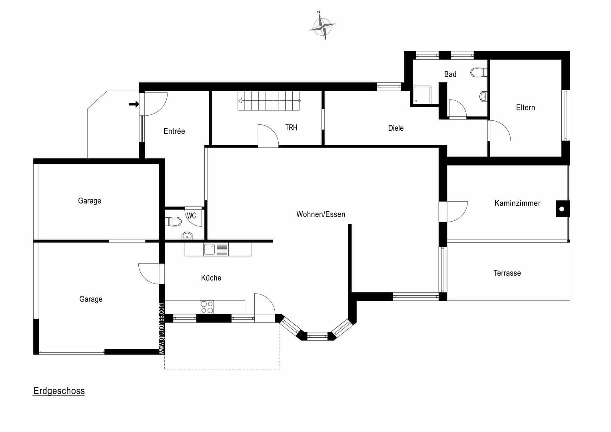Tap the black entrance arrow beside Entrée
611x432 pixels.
pos(134,104)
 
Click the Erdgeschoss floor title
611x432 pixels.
pos(59,391)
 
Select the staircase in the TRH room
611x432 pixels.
pos(269,101)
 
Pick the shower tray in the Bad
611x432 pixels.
pos(422,94)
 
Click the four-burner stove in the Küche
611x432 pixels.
pos(207,307)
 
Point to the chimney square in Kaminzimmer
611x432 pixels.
pos(562,209)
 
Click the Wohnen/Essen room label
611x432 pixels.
pos(320,214)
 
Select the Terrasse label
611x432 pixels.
pos(507,273)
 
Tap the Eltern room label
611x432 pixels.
pos(525,108)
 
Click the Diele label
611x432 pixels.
pos(395,128)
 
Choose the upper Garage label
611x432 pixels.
pos(89,201)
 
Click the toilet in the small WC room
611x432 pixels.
pos(174,221)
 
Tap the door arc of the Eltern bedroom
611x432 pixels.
pos(499,130)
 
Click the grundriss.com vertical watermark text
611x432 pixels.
pos(161,328)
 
